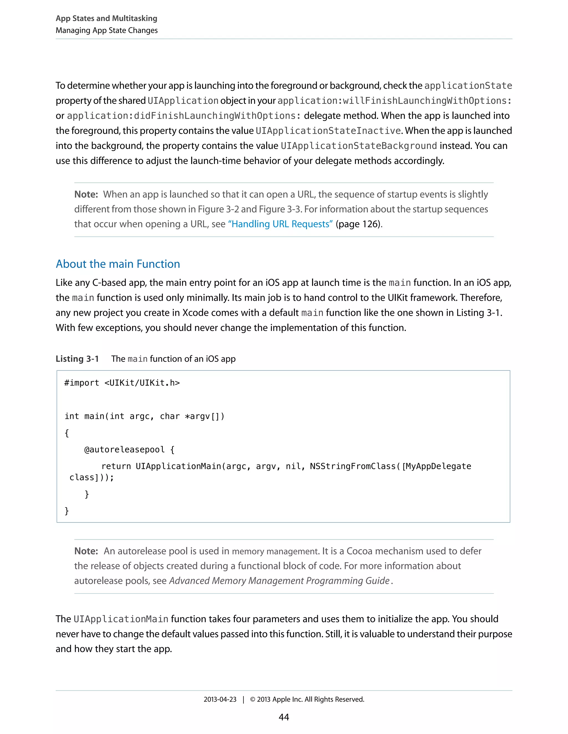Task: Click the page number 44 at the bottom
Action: (284, 717)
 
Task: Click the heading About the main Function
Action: (118, 264)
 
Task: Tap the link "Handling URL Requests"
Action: (280, 224)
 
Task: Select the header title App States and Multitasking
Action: (106, 18)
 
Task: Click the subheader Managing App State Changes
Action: (106, 30)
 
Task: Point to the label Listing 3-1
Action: (77, 359)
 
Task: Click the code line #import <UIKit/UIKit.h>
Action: (122, 383)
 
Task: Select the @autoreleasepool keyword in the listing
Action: (124, 449)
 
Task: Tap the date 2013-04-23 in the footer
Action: (220, 699)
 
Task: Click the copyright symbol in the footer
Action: (253, 699)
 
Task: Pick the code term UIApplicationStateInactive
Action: (328, 131)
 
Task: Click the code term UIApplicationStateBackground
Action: (359, 146)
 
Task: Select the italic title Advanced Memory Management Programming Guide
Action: (279, 581)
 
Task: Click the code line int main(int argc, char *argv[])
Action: (144, 416)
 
